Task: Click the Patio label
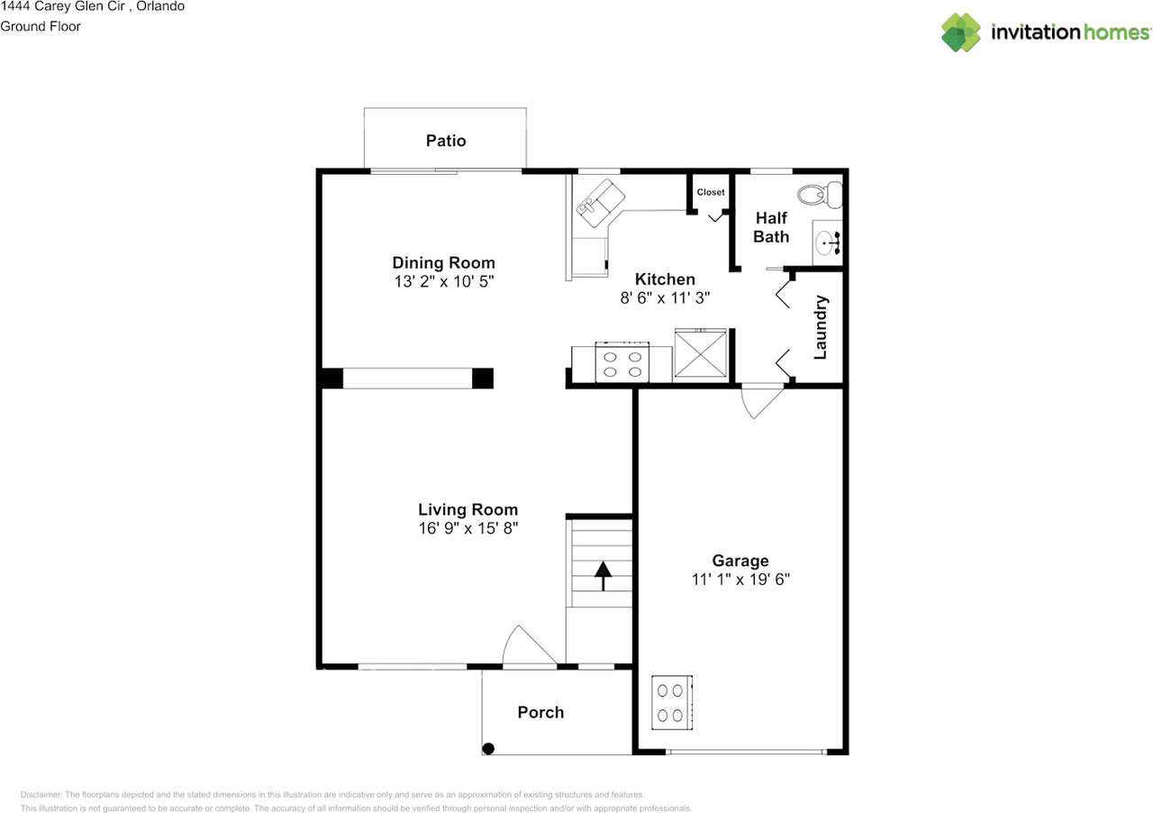[x=446, y=141]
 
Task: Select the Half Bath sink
[x=827, y=242]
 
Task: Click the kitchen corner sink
[x=601, y=203]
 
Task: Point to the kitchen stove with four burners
[x=622, y=362]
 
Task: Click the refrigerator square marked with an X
[x=700, y=353]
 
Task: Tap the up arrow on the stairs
[x=603, y=575]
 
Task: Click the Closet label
[x=711, y=192]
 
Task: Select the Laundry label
[x=821, y=328]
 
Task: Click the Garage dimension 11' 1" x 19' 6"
[x=740, y=579]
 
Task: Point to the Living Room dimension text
[x=468, y=528]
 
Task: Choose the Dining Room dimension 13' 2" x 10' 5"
[x=444, y=281]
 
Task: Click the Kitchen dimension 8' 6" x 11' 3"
[x=665, y=297]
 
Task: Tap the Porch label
[x=540, y=712]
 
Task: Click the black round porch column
[x=488, y=749]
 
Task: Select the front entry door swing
[x=525, y=644]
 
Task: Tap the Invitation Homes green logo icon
[x=961, y=32]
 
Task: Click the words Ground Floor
[x=41, y=26]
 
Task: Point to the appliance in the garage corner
[x=672, y=702]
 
